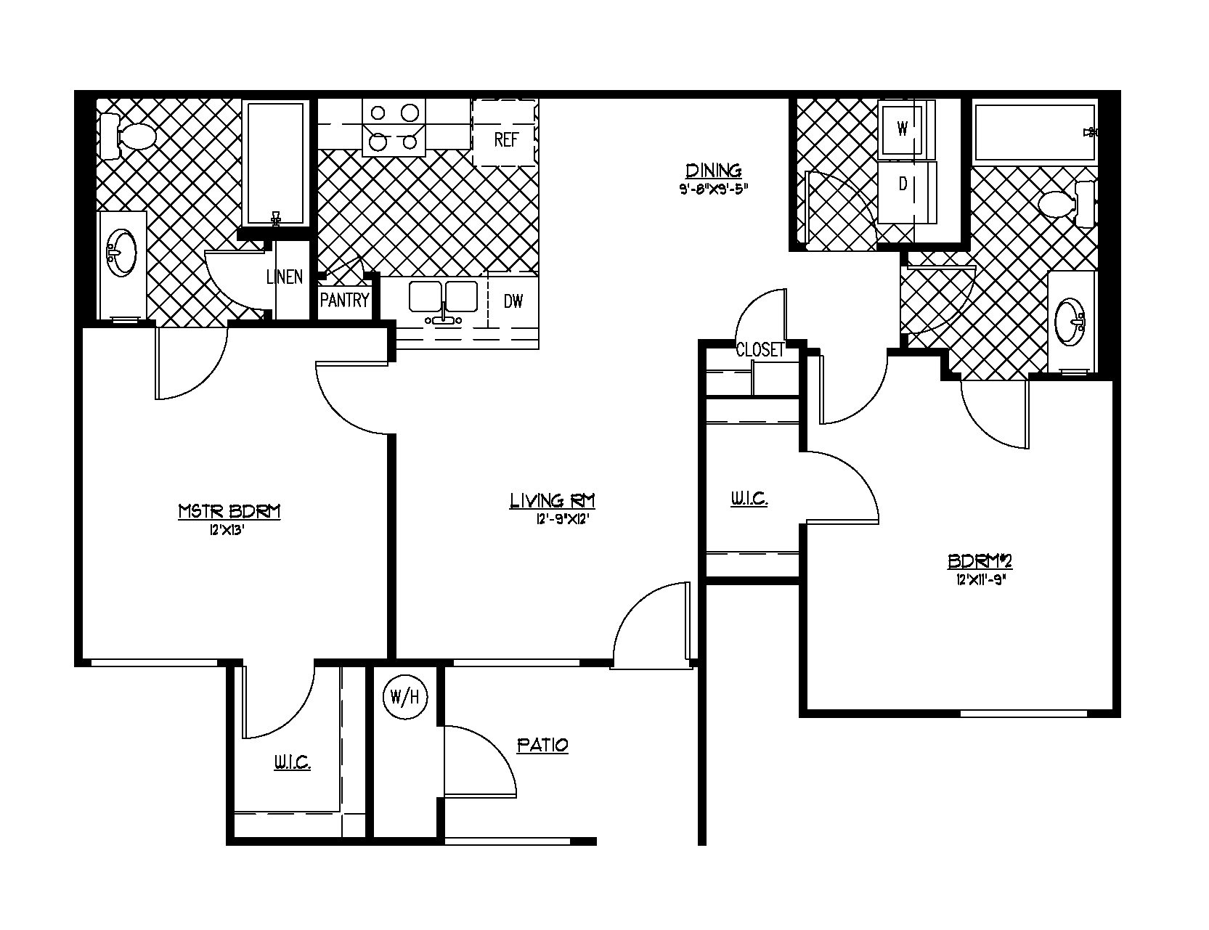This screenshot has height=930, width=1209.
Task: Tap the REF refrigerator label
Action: pyautogui.click(x=505, y=139)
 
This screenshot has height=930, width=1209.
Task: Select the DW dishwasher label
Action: pyautogui.click(x=513, y=301)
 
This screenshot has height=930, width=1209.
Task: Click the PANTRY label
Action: pyautogui.click(x=345, y=301)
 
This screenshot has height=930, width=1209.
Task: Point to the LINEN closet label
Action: pyautogui.click(x=284, y=277)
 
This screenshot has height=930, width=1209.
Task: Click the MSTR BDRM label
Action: pyautogui.click(x=229, y=511)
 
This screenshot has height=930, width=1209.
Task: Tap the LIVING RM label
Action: pyautogui.click(x=553, y=500)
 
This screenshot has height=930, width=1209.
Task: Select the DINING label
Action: pyautogui.click(x=714, y=171)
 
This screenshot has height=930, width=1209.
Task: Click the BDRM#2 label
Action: pyautogui.click(x=980, y=561)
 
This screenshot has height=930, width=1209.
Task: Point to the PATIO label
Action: pyautogui.click(x=542, y=745)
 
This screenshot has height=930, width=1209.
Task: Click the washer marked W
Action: pyautogui.click(x=903, y=129)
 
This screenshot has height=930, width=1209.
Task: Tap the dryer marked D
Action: pyautogui.click(x=903, y=184)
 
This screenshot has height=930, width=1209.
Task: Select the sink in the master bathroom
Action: pyautogui.click(x=121, y=252)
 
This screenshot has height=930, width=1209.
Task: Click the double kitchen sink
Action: pyautogui.click(x=443, y=297)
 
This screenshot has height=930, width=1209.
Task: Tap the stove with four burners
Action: pyautogui.click(x=394, y=126)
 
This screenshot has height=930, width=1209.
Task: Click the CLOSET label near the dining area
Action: pyautogui.click(x=760, y=350)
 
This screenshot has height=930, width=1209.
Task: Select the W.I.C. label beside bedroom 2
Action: pyautogui.click(x=749, y=499)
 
